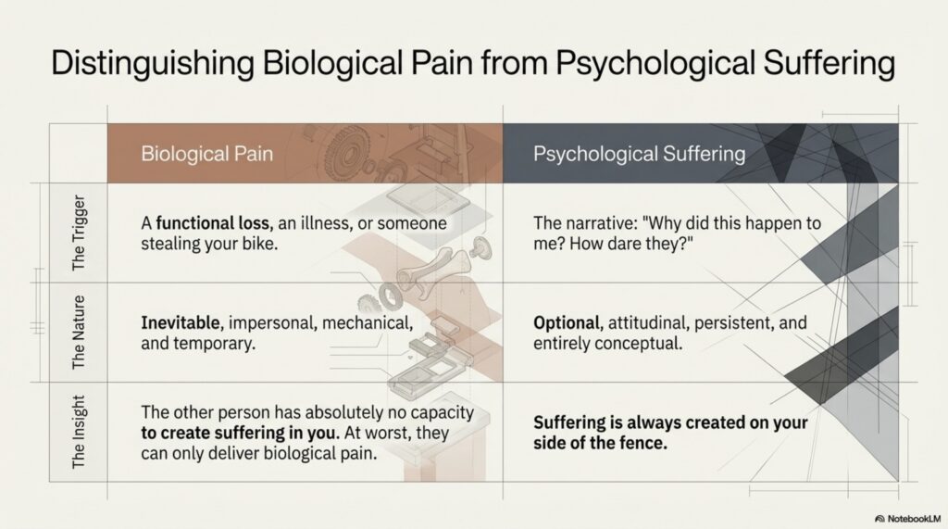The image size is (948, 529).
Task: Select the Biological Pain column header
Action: pyautogui.click(x=206, y=154)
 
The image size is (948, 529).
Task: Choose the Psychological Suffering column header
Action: pyautogui.click(x=639, y=154)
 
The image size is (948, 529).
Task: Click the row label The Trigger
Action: pyautogui.click(x=79, y=233)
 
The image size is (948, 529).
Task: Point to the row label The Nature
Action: pyautogui.click(x=79, y=333)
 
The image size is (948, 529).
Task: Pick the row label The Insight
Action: pyautogui.click(x=79, y=432)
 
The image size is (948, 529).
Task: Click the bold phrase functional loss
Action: pyautogui.click(x=215, y=223)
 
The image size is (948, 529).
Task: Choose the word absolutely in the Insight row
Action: pyautogui.click(x=353, y=413)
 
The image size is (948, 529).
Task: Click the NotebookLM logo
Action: pyautogui.click(x=907, y=519)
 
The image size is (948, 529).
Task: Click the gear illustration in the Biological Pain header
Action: pyautogui.click(x=346, y=153)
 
